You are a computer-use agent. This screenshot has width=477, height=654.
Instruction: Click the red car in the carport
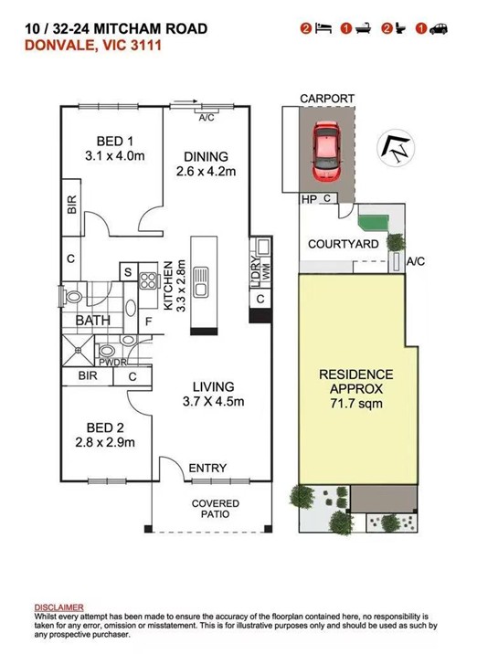[326, 151]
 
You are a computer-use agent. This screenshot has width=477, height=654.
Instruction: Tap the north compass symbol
[396, 148]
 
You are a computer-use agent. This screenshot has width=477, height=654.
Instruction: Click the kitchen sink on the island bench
[201, 282]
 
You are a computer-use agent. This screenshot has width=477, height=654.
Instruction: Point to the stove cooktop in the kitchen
[148, 280]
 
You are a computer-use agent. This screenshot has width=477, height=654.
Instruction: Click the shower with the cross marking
[79, 351]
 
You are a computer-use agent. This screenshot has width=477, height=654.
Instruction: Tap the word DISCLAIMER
[58, 607]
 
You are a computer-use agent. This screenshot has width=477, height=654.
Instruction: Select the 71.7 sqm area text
[356, 404]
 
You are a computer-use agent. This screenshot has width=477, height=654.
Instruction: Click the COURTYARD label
[343, 244]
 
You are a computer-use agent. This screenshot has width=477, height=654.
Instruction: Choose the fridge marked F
[148, 322]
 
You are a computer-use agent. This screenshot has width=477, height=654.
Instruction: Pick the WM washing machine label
[266, 271]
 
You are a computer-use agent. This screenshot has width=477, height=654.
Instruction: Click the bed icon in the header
[323, 28]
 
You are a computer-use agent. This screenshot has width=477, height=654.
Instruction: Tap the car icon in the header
[439, 28]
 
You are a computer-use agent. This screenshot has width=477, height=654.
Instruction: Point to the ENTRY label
[207, 468]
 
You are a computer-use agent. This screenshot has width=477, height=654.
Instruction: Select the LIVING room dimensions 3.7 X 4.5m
[213, 401]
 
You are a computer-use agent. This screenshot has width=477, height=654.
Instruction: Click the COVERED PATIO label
[216, 509]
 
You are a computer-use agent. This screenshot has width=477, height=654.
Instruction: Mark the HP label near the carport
[309, 199]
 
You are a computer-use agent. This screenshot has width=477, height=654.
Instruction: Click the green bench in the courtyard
[374, 223]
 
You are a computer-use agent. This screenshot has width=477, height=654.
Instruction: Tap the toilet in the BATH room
[72, 297]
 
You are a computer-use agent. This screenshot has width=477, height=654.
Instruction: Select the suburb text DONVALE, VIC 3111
[93, 45]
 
